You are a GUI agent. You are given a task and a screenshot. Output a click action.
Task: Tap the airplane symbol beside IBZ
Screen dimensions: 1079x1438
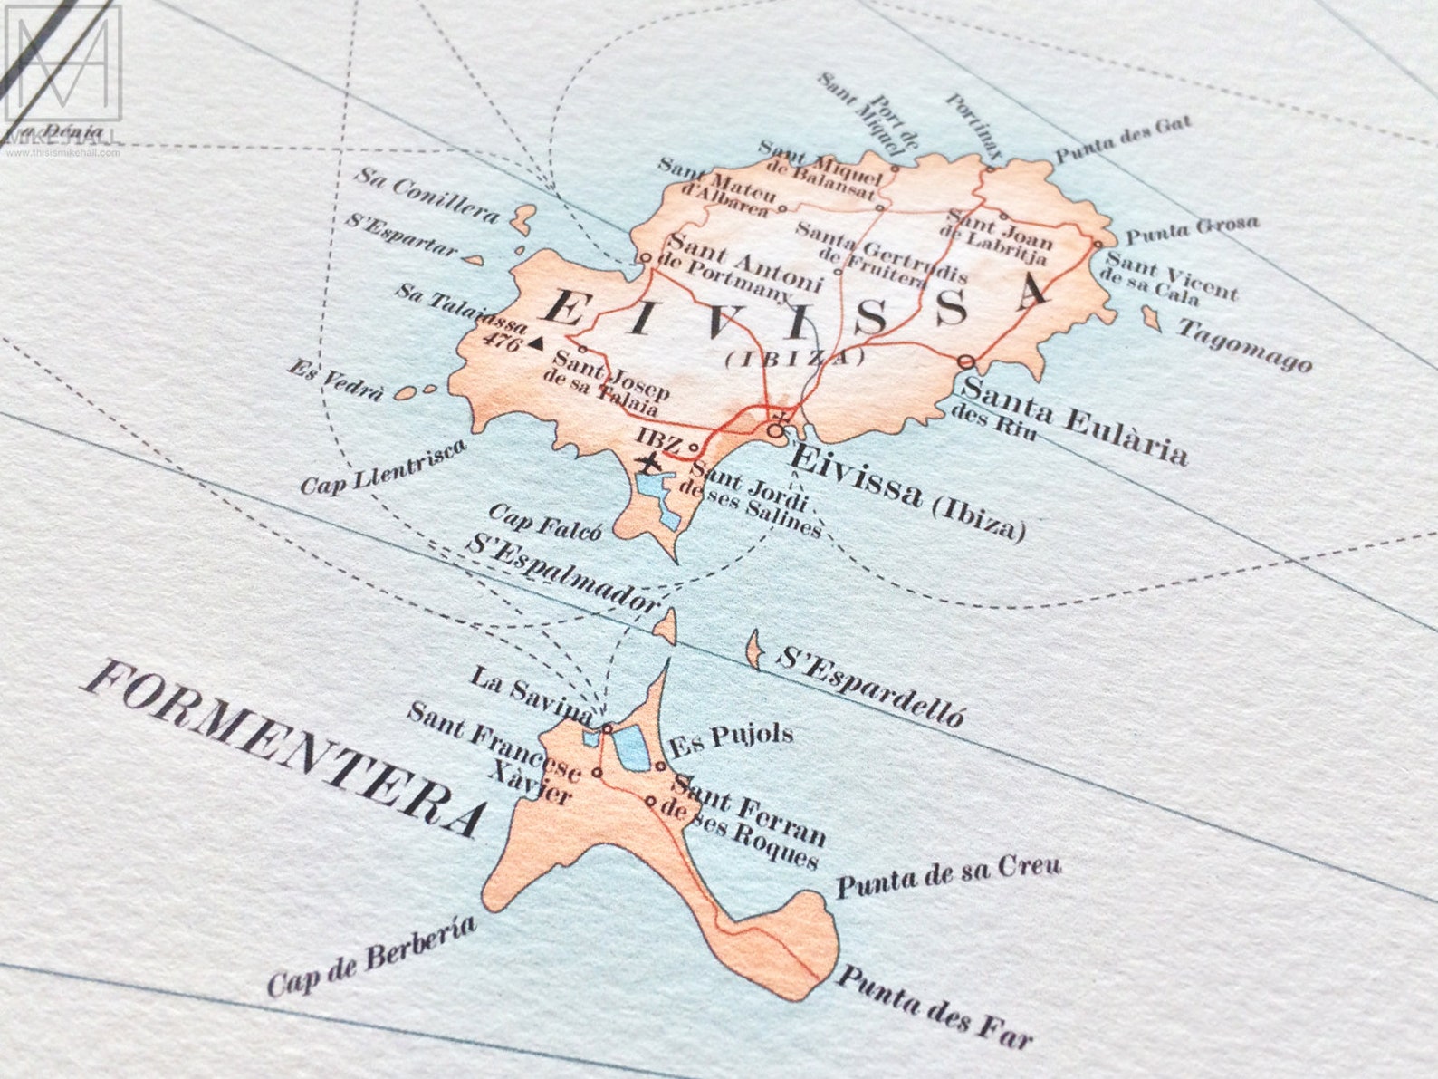coord(648,463)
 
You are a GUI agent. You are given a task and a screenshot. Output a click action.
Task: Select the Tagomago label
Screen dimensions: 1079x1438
coord(1243,344)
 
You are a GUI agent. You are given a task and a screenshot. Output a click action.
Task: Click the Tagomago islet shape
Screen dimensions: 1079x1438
coord(1152,317)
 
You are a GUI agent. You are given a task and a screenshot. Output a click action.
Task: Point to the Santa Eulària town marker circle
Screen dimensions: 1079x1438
coord(966,361)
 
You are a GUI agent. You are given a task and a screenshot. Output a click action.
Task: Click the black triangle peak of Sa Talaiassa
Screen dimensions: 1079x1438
coord(537,342)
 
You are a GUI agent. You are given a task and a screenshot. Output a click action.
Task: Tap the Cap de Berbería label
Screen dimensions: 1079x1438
coord(370,956)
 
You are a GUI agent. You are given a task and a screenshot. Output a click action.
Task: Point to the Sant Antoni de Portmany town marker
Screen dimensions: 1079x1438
coord(646,258)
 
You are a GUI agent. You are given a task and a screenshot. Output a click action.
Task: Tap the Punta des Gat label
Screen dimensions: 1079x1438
coord(1123,140)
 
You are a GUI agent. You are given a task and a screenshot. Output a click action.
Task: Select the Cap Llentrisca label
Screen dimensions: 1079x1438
coord(383,467)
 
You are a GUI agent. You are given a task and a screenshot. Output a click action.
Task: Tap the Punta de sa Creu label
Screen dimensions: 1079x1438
coord(947,875)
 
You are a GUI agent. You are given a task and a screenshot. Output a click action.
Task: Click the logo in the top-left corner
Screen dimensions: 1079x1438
coord(62,63)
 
